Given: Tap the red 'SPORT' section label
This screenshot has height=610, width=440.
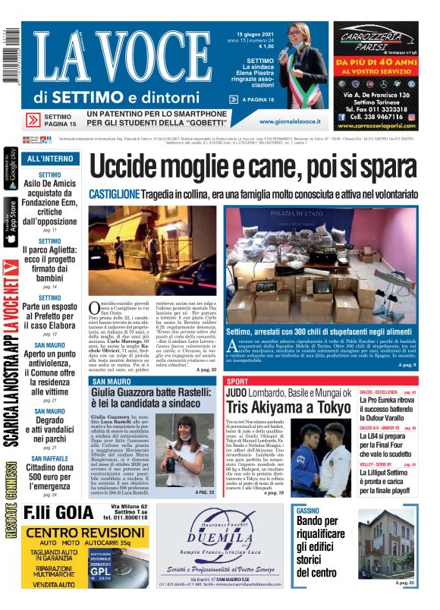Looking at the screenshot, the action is [237, 381].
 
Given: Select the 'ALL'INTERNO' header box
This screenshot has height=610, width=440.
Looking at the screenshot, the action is [51, 159].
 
